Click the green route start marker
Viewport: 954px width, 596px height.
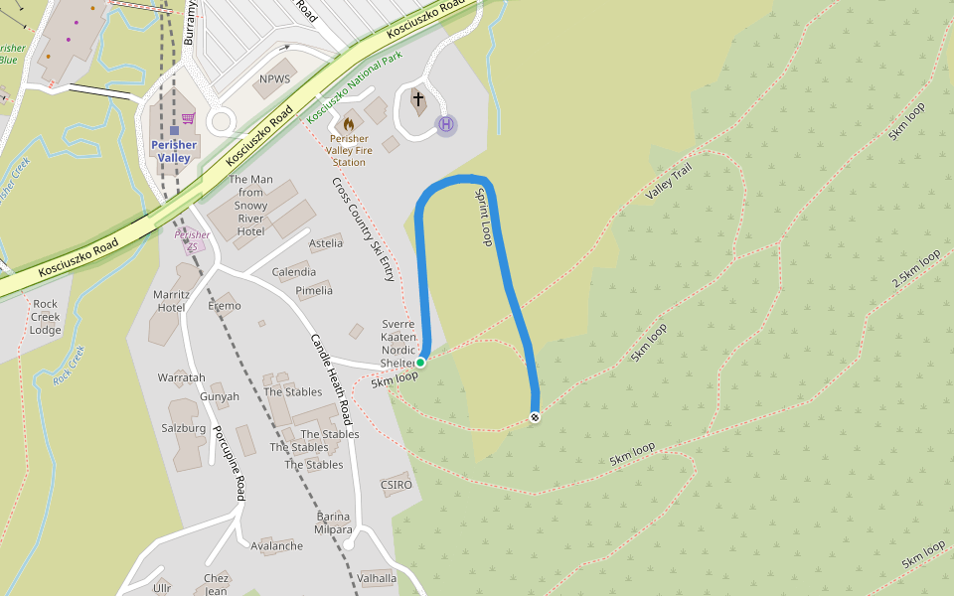[420, 363]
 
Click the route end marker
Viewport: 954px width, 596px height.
[535, 417]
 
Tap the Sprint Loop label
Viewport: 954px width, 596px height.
[484, 217]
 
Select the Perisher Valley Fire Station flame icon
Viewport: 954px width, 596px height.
[349, 124]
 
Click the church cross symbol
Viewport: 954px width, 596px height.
[418, 99]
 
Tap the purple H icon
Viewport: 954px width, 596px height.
[446, 124]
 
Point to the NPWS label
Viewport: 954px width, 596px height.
[274, 79]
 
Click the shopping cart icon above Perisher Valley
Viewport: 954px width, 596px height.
[188, 118]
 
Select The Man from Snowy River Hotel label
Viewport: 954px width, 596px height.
[250, 206]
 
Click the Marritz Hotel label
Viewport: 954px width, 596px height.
[171, 301]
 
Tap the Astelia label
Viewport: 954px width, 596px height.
[326, 243]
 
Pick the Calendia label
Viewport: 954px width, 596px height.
[294, 272]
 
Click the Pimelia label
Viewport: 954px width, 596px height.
[314, 291]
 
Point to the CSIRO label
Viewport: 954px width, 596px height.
[396, 485]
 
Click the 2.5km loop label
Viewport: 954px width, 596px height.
[915, 270]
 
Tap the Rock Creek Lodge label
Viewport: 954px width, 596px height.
[46, 317]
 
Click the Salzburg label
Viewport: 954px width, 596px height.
[184, 429]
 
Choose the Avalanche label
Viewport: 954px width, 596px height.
[277, 546]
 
